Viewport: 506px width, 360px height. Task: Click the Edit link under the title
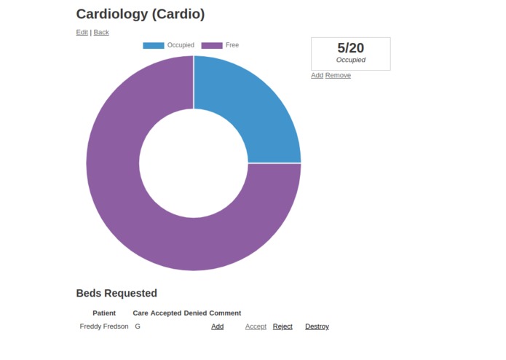click(82, 32)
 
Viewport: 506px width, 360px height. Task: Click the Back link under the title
click(101, 32)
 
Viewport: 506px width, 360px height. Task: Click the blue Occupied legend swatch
click(154, 45)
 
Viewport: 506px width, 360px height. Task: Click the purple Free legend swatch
click(212, 45)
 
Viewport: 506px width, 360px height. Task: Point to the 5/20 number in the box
click(350, 48)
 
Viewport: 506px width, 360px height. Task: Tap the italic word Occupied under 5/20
click(350, 60)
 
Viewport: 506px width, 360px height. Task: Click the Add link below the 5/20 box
click(317, 75)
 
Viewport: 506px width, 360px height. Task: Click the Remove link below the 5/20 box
click(338, 75)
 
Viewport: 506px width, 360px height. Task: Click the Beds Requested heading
click(116, 293)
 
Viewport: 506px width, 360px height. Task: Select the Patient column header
click(104, 313)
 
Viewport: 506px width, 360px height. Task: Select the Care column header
click(141, 313)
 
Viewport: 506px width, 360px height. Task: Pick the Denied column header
click(195, 313)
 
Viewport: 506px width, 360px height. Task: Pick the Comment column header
click(225, 313)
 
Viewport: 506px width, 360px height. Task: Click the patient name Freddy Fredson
click(104, 326)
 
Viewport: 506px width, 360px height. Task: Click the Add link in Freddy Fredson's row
click(218, 326)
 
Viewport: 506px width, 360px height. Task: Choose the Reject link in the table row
click(282, 326)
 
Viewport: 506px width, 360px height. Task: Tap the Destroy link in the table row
click(317, 326)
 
